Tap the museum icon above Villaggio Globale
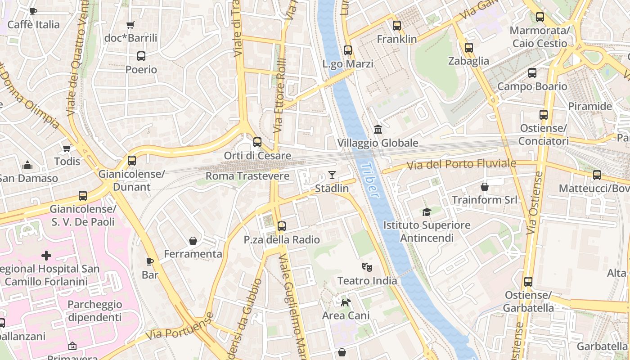378,130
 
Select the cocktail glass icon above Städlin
332,175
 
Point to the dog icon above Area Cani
346,302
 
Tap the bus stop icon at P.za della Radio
282,226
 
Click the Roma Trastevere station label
247,176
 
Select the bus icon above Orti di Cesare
257,142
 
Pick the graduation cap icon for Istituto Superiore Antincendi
426,211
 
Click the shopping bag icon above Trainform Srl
485,186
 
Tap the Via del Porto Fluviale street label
461,165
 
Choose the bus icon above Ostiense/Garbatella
528,282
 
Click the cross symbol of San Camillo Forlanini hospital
46,256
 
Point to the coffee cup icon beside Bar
150,261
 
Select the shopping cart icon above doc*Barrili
130,25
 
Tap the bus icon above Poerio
141,56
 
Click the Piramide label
590,107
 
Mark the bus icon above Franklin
396,26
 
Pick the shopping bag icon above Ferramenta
193,241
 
